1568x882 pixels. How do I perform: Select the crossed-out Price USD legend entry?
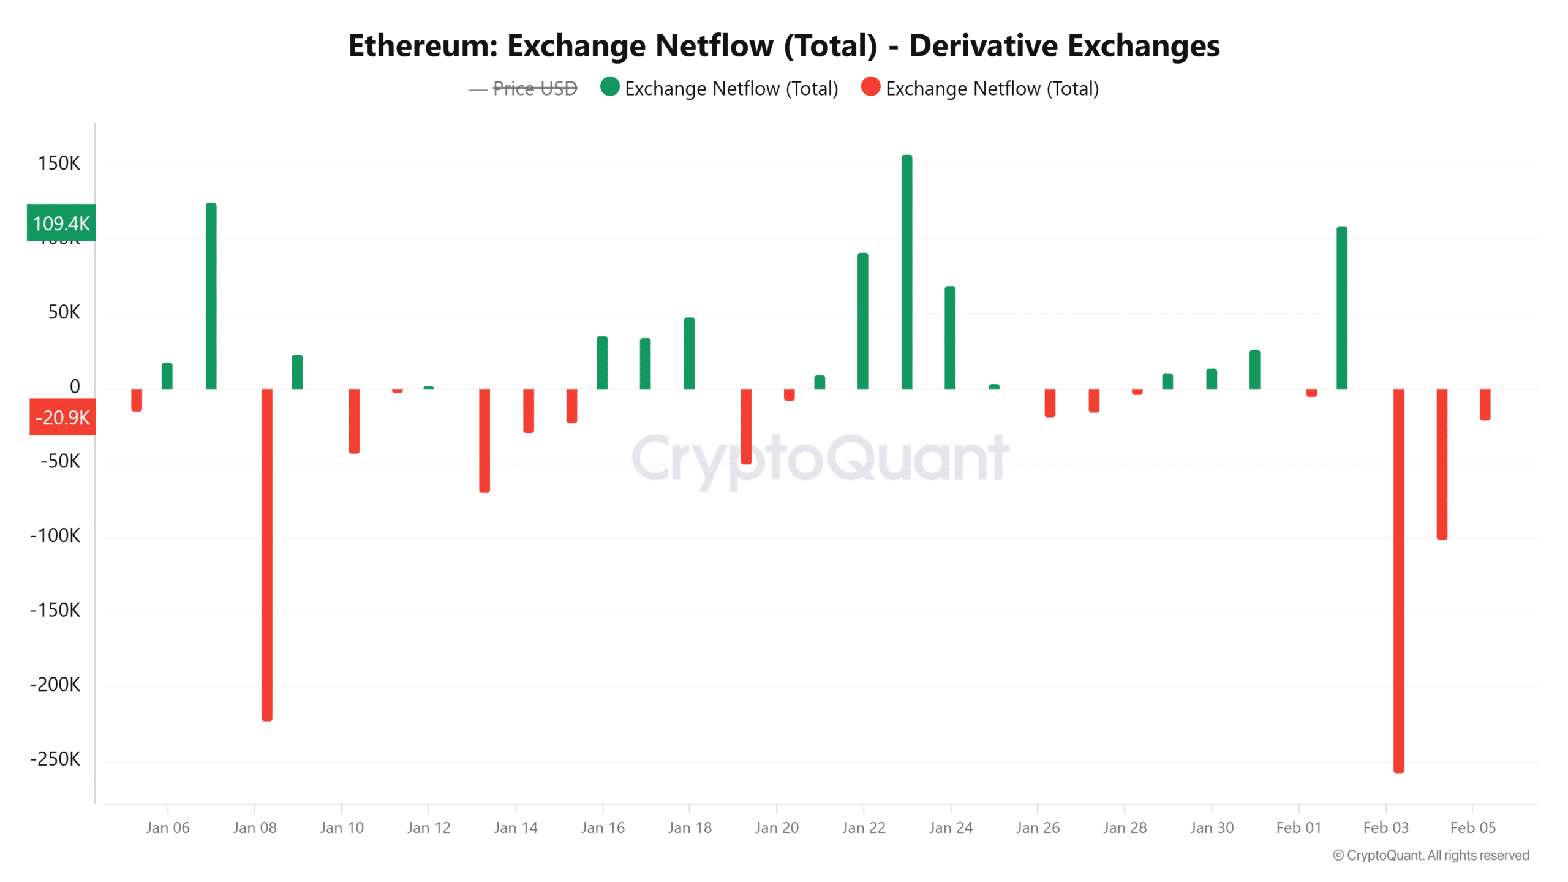[x=535, y=89]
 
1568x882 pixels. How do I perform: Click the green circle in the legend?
[x=610, y=87]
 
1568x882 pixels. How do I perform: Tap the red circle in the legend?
[x=870, y=87]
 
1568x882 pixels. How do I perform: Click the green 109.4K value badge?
[x=61, y=223]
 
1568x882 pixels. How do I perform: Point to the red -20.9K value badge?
[x=62, y=418]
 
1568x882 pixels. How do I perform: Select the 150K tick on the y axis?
[x=59, y=164]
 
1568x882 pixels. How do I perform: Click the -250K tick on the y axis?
[x=55, y=759]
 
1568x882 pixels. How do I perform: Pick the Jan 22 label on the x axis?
[x=864, y=828]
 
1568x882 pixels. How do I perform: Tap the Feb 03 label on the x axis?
[x=1385, y=828]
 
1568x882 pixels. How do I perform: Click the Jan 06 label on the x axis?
[x=167, y=828]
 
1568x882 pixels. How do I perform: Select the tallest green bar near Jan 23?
[x=907, y=273]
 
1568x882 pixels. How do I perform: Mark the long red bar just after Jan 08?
[x=266, y=554]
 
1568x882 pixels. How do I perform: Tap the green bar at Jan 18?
[x=689, y=353]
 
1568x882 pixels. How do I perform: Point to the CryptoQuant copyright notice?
[x=1431, y=856]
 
